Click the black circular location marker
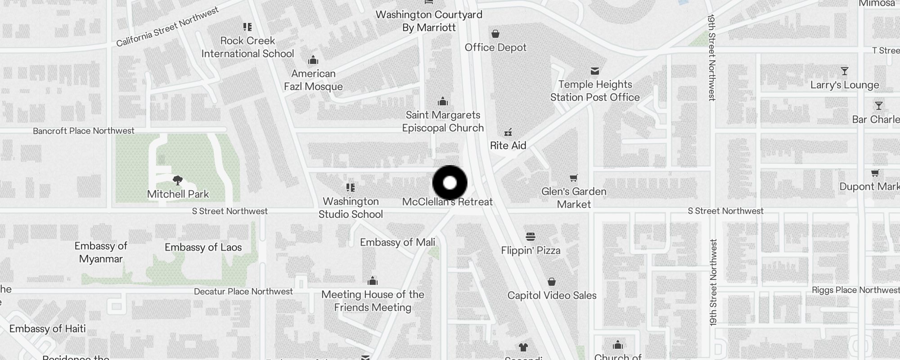pyautogui.click(x=450, y=183)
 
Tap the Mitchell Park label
pyautogui.click(x=178, y=194)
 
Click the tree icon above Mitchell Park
pyautogui.click(x=178, y=180)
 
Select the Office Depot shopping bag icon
pyautogui.click(x=495, y=34)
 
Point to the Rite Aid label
pyautogui.click(x=508, y=145)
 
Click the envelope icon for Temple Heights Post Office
pyautogui.click(x=595, y=71)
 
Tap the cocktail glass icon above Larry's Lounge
pyautogui.click(x=844, y=72)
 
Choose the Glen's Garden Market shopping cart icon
pyautogui.click(x=573, y=178)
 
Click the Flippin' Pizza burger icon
pyautogui.click(x=531, y=237)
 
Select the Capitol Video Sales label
pyautogui.click(x=552, y=296)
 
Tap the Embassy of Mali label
pyautogui.click(x=397, y=243)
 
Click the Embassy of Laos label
pyautogui.click(x=203, y=247)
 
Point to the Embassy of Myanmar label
pyautogui.click(x=101, y=252)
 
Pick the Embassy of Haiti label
pyautogui.click(x=47, y=329)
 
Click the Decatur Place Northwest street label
pyautogui.click(x=243, y=292)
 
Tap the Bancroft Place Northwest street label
pyautogui.click(x=84, y=131)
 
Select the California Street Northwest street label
pyautogui.click(x=167, y=27)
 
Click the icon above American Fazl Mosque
pyautogui.click(x=313, y=60)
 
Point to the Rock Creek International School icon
pyautogui.click(x=247, y=27)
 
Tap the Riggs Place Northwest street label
pyautogui.click(x=855, y=290)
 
